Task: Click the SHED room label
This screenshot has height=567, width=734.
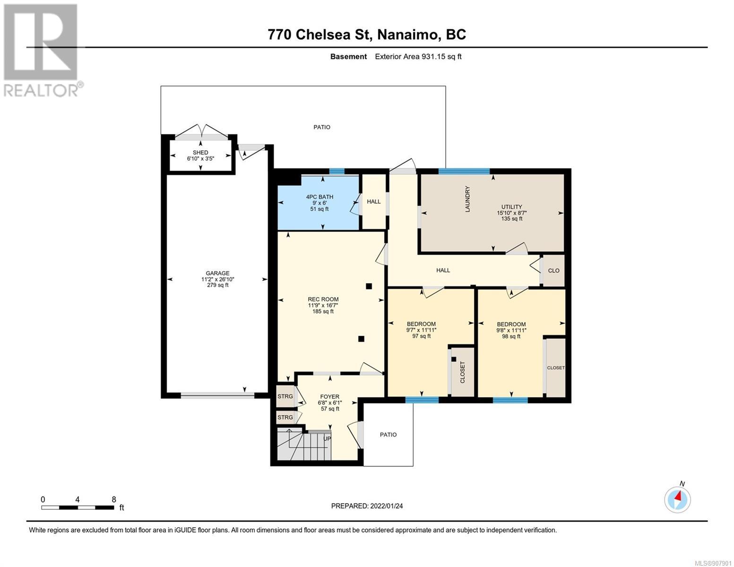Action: pyautogui.click(x=200, y=153)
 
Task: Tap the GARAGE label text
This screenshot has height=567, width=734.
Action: pyautogui.click(x=217, y=273)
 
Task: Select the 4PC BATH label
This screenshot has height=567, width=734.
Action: pyautogui.click(x=320, y=197)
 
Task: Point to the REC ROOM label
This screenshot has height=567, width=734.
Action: pyautogui.click(x=323, y=299)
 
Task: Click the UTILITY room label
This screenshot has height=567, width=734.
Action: pyautogui.click(x=511, y=206)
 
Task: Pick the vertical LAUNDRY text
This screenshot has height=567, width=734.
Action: pyautogui.click(x=467, y=199)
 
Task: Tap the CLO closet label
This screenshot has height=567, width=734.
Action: pyautogui.click(x=553, y=270)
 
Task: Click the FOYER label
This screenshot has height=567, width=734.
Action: pyautogui.click(x=330, y=397)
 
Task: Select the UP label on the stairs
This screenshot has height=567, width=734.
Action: pyautogui.click(x=327, y=438)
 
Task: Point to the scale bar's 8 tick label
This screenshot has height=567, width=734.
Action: pyautogui.click(x=114, y=499)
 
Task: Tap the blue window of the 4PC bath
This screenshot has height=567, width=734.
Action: pyautogui.click(x=337, y=172)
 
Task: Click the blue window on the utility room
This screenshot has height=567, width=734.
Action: pyautogui.click(x=464, y=171)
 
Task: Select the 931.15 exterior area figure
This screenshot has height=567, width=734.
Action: pyautogui.click(x=433, y=57)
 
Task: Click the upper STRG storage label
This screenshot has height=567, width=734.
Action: pyautogui.click(x=285, y=396)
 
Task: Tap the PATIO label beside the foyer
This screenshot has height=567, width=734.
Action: pyautogui.click(x=388, y=435)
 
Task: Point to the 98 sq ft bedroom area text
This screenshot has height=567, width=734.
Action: pyautogui.click(x=511, y=336)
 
